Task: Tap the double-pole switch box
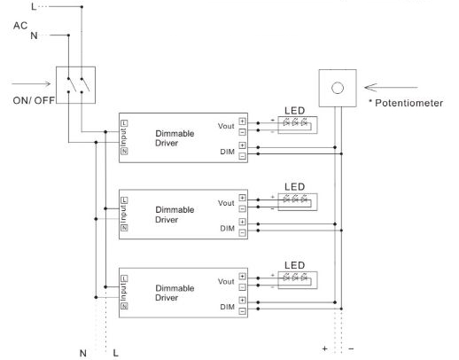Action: pos(74,86)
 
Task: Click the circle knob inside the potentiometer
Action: pos(337,89)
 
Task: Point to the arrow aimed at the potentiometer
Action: pos(390,88)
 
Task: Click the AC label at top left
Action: pos(20,25)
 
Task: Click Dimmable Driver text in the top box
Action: pos(175,137)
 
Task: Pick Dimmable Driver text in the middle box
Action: pos(175,215)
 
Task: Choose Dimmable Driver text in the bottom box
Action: pos(175,292)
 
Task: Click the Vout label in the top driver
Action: pos(226,126)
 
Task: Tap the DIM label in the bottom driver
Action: pos(228,305)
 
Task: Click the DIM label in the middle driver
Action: pos(228,228)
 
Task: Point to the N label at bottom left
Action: pos(83,353)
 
